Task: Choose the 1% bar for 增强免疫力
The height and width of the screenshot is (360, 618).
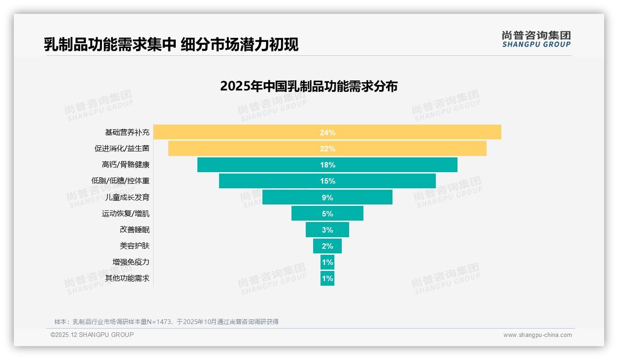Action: click(327, 262)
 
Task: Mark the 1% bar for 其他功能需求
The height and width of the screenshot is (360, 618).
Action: click(327, 278)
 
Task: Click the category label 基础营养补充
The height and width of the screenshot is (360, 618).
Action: click(127, 132)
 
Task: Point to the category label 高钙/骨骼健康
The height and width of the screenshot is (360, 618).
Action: click(125, 165)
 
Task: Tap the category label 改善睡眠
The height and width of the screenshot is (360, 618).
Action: click(135, 230)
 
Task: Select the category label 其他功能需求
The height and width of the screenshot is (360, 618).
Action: click(127, 278)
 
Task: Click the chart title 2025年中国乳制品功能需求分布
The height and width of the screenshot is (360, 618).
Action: click(309, 87)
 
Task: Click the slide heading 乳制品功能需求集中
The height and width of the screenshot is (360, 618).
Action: click(110, 44)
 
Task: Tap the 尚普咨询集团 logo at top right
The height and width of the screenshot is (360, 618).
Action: click(536, 39)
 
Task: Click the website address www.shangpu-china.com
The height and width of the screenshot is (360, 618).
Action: click(537, 335)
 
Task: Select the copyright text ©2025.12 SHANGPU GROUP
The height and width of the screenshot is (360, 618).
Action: click(92, 335)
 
